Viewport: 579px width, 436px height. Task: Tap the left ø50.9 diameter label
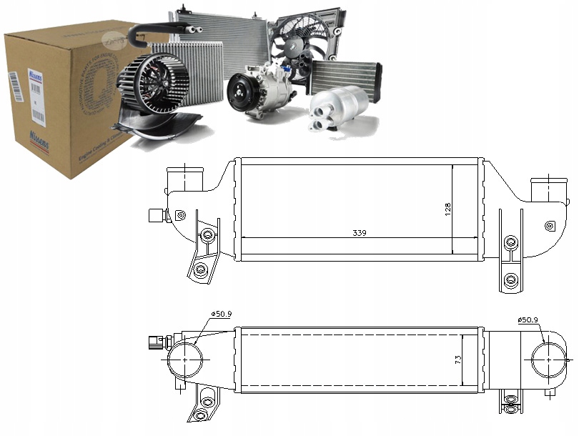[222, 314]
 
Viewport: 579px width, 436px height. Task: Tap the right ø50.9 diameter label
[528, 319]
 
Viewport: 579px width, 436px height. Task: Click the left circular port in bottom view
[185, 359]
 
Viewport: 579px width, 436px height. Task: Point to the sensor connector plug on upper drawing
[154, 215]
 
